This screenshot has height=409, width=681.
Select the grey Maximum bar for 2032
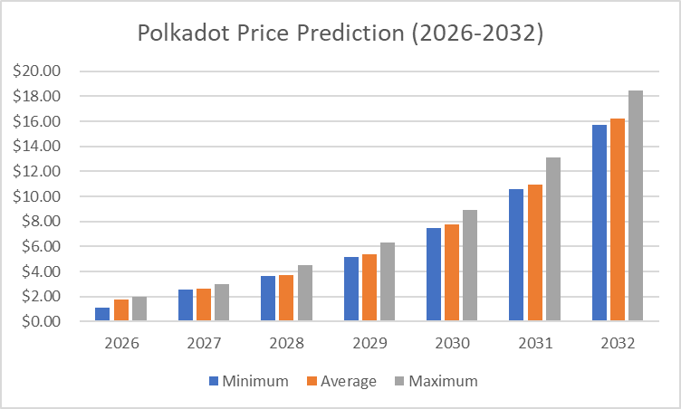[x=636, y=206]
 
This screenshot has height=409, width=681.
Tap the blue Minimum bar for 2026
[x=102, y=314]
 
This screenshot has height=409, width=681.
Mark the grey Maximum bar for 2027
[x=222, y=302]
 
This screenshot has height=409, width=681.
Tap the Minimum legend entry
[x=248, y=381]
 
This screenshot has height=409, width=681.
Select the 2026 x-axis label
[x=121, y=344]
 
